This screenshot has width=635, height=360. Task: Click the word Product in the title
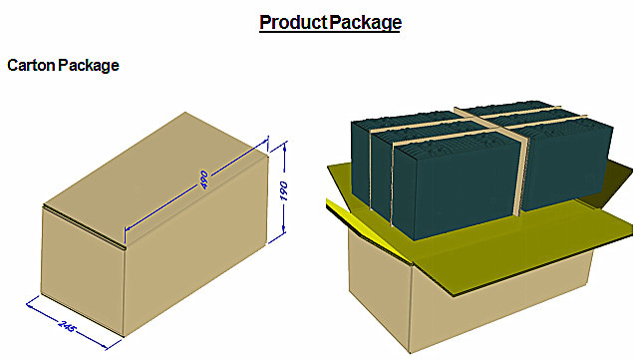pyautogui.click(x=293, y=22)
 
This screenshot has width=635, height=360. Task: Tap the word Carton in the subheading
pyautogui.click(x=31, y=65)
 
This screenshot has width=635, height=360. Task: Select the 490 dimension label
pyautogui.click(x=203, y=180)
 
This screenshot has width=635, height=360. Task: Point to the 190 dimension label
pyautogui.click(x=283, y=190)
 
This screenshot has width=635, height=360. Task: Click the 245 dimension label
pyautogui.click(x=67, y=325)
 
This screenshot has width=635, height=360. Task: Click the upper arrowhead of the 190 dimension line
pyautogui.click(x=285, y=148)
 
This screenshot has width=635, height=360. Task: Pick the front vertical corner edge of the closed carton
pyautogui.click(x=124, y=291)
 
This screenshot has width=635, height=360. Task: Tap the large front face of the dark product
pyautogui.click(x=456, y=187)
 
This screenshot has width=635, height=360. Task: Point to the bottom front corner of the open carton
pyautogui.click(x=410, y=352)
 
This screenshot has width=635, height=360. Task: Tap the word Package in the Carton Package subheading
pyautogui.click(x=89, y=66)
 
